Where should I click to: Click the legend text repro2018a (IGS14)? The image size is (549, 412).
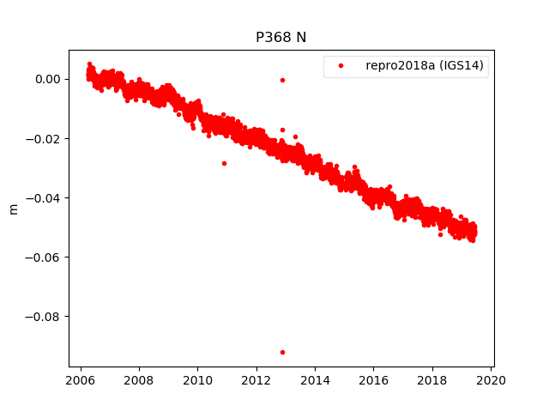tap(426, 65)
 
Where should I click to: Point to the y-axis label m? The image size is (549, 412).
tap(13, 209)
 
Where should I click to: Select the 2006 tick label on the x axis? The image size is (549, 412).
tap(81, 381)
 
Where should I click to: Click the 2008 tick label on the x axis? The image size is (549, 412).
tap(139, 381)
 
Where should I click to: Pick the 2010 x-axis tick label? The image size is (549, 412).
tap(197, 381)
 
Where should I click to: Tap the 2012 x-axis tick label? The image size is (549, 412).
tap(256, 381)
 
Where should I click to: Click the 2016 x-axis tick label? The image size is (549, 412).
tap(374, 381)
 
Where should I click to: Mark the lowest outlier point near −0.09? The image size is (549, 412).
tap(282, 352)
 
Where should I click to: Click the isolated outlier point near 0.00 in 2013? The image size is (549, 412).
tap(282, 80)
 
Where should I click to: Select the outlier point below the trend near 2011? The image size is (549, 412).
tap(224, 163)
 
